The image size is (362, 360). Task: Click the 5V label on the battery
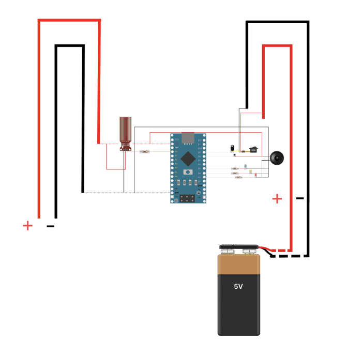pyautogui.click(x=238, y=286)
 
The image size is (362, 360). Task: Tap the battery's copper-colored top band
pyautogui.click(x=238, y=264)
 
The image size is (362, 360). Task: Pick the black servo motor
pyautogui.click(x=253, y=150)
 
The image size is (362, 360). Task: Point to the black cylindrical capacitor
pyautogui.click(x=233, y=148)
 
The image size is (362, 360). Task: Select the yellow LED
pyautogui.click(x=250, y=171)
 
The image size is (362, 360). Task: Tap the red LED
pyautogui.click(x=256, y=175)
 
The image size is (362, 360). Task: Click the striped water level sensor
pyautogui.click(x=125, y=132)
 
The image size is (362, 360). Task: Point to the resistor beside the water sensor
pyautogui.click(x=145, y=151)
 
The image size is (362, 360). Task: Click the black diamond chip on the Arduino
pyautogui.click(x=189, y=156)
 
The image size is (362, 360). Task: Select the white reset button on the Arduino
pyautogui.click(x=189, y=171)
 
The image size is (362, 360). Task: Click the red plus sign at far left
pyautogui.click(x=27, y=225)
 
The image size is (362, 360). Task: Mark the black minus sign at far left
pyautogui.click(x=50, y=226)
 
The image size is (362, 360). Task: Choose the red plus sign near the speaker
pyautogui.click(x=278, y=198)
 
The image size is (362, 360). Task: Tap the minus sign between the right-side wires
pyautogui.click(x=299, y=198)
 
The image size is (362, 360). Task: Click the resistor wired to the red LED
pyautogui.click(x=239, y=177)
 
